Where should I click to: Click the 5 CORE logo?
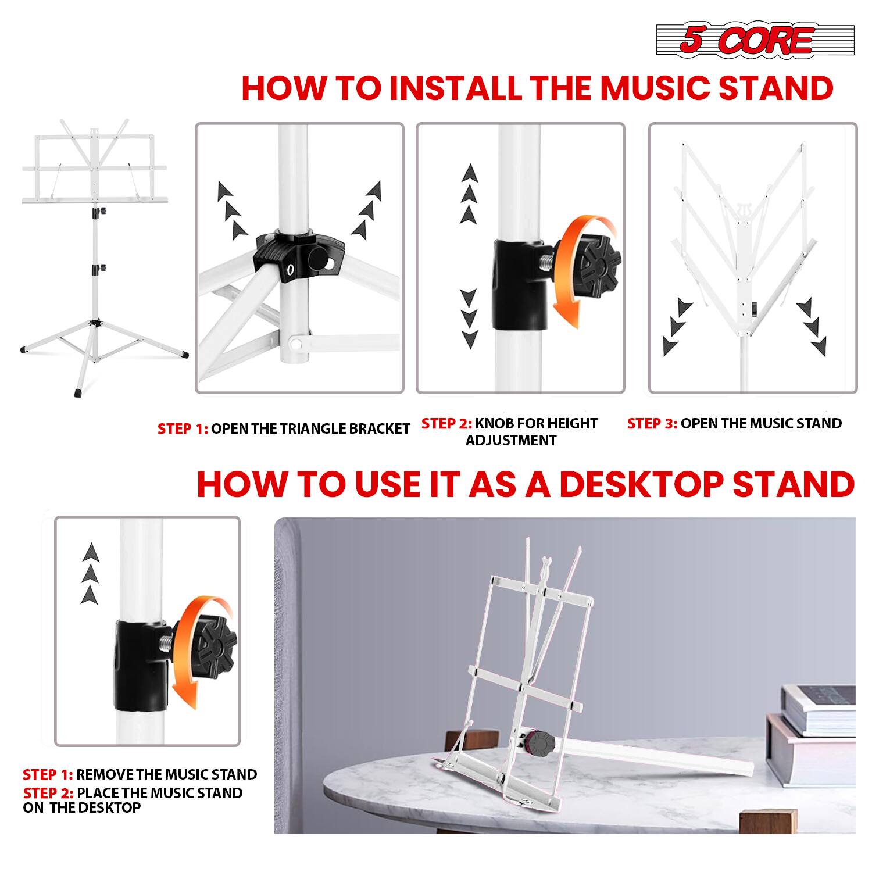(x=755, y=41)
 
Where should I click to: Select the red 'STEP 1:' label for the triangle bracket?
(x=183, y=429)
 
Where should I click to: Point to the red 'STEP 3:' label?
(x=652, y=424)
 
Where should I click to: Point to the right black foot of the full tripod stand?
(x=183, y=353)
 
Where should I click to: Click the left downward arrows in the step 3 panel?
(x=676, y=328)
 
